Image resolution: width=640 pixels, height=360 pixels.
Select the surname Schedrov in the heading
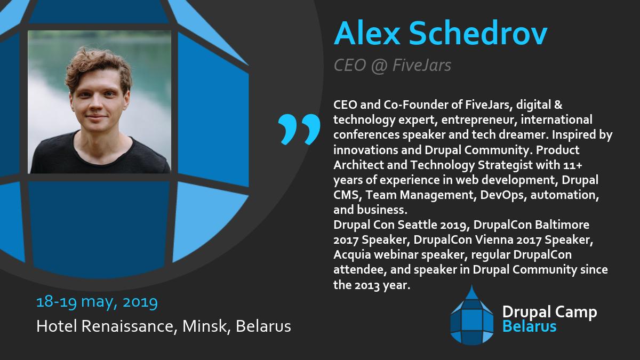pos(479,34)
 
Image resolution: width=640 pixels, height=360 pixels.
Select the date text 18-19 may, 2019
pos(97,302)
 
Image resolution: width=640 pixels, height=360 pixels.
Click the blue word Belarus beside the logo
pos(530,326)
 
